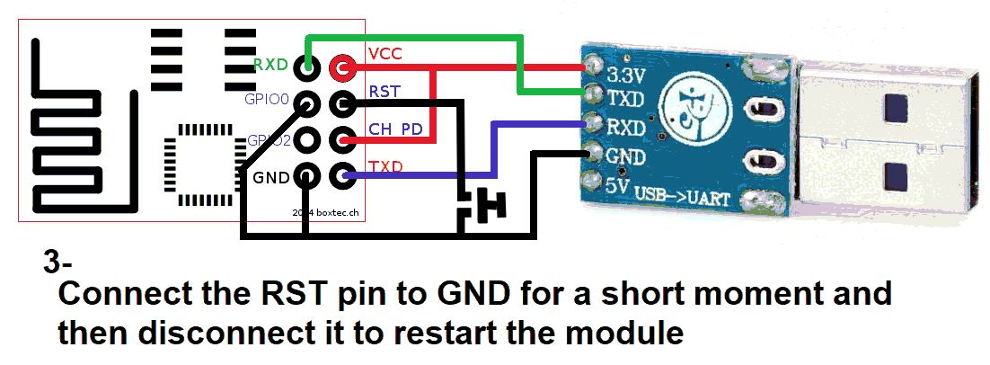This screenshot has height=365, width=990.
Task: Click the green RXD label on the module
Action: (x=270, y=65)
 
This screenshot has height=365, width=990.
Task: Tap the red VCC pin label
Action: (x=385, y=53)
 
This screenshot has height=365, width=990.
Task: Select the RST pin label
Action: (x=385, y=91)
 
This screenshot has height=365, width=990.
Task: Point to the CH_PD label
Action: (x=395, y=129)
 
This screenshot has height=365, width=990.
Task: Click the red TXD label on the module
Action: (x=385, y=167)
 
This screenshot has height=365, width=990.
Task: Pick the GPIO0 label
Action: (x=267, y=100)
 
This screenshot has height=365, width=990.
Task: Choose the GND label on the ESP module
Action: (x=270, y=177)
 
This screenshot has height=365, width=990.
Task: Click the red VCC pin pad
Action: (x=341, y=66)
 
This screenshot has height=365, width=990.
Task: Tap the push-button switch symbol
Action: (x=484, y=206)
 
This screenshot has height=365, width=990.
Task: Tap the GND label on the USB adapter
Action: (x=626, y=156)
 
